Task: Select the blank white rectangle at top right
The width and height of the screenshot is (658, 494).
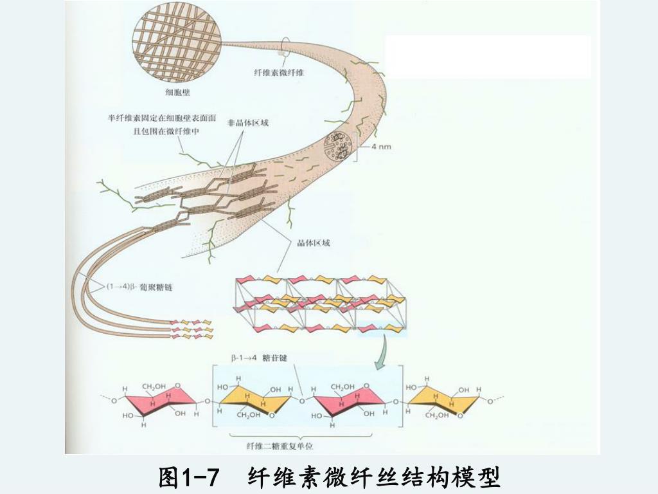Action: [487, 57]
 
